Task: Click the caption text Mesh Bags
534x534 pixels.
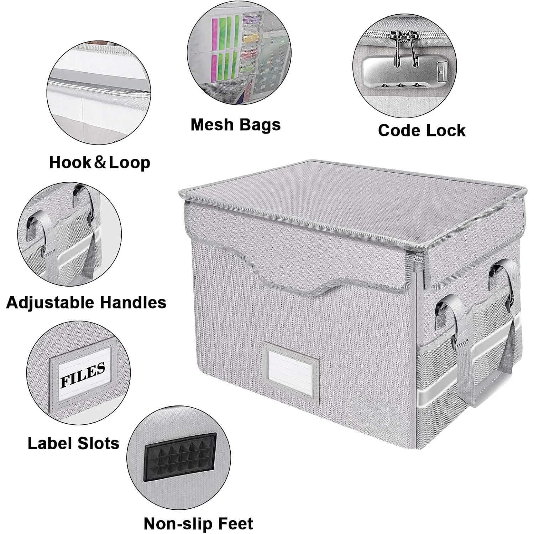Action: coord(235,125)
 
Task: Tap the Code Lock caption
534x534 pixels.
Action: coord(422,131)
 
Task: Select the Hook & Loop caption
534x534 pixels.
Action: coord(100,163)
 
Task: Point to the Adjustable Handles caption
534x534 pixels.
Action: coord(86,303)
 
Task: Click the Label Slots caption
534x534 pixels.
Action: coord(73,444)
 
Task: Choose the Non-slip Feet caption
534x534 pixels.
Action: coord(198,524)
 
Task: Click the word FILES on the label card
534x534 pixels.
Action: coord(83,375)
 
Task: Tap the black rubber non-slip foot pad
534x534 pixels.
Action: coord(180,457)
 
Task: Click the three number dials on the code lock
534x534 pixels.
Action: coord(400,85)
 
